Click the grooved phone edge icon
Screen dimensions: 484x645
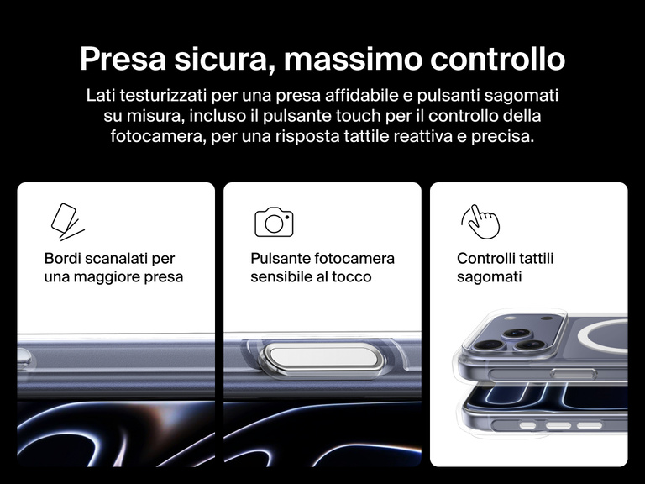coord(66,222)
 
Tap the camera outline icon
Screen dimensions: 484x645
coord(274,222)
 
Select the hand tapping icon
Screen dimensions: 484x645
coord(480,222)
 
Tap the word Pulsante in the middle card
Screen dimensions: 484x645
coord(281,259)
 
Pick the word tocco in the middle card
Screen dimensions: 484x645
coord(352,277)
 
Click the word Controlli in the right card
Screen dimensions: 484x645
coord(486,259)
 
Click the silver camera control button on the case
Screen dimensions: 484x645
coord(322,359)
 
